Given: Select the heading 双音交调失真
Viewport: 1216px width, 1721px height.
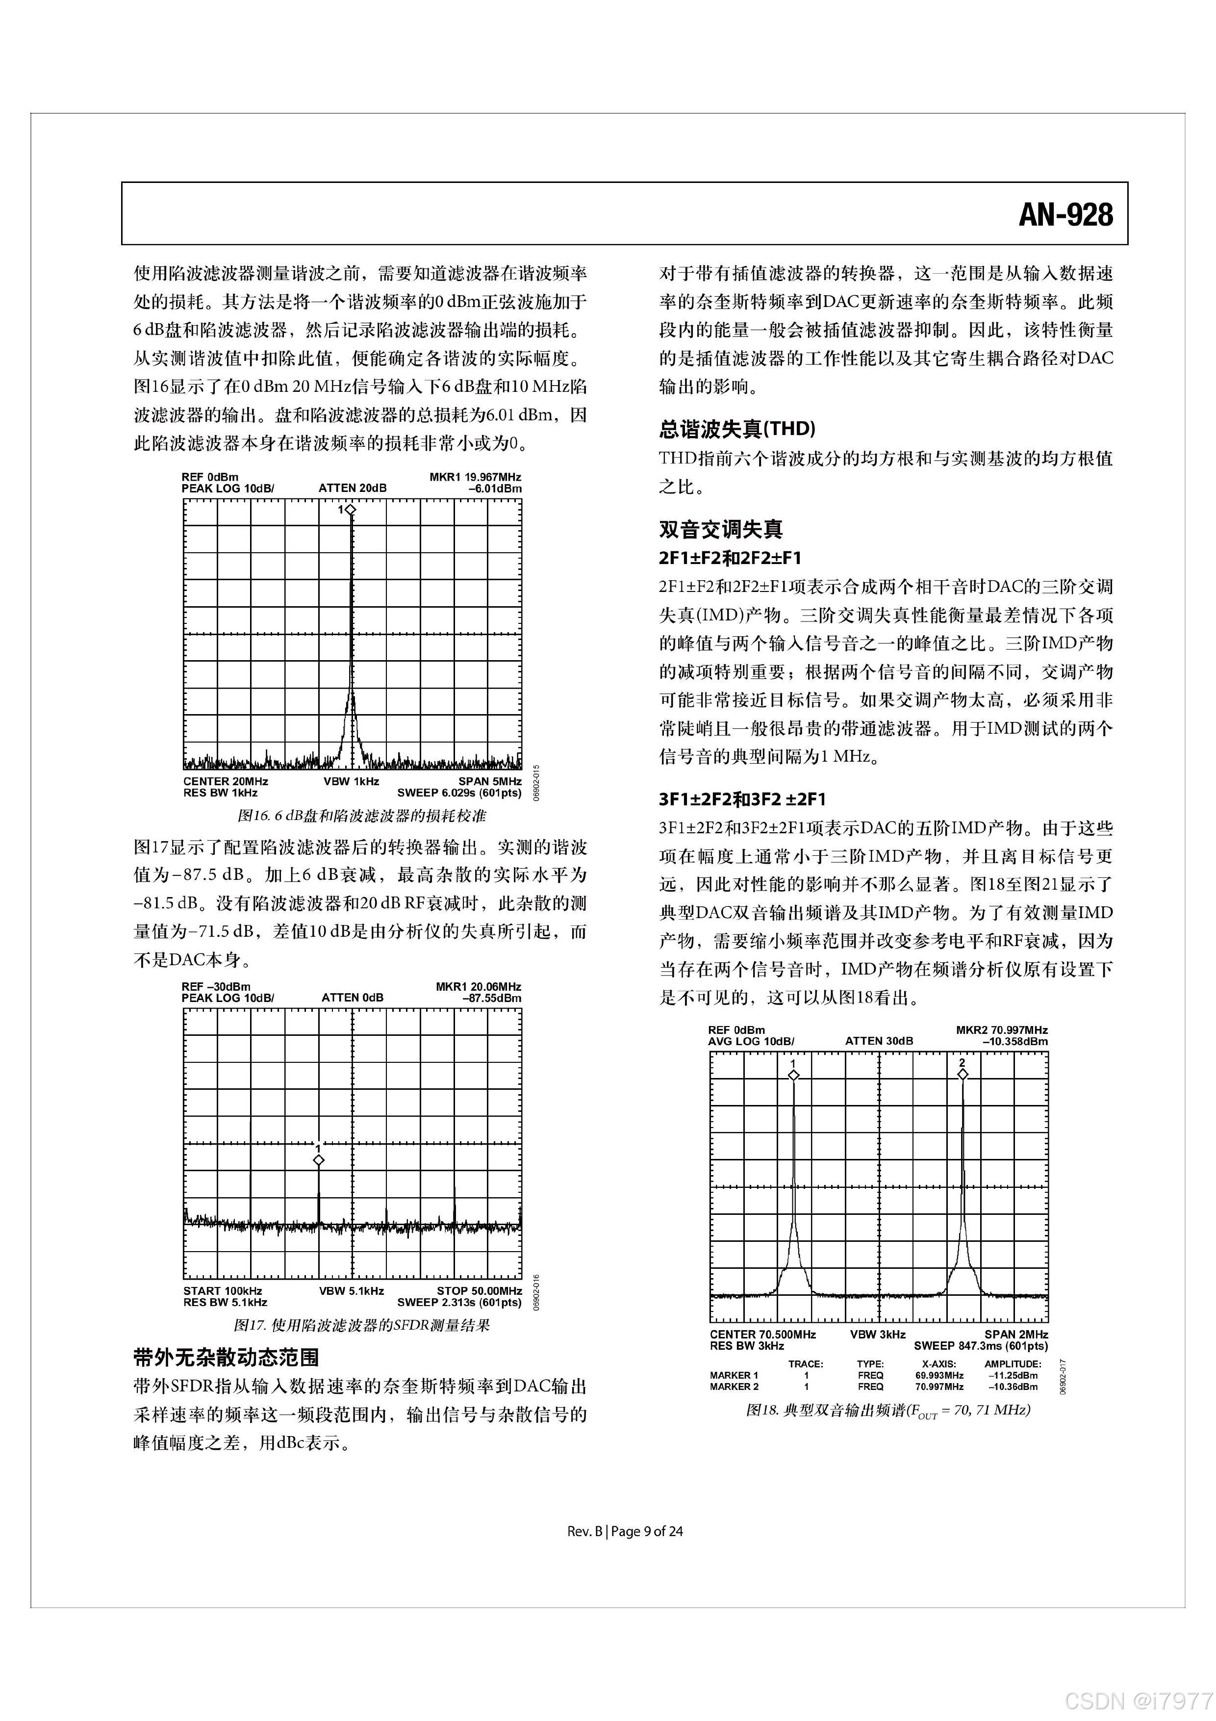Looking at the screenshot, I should click(721, 529).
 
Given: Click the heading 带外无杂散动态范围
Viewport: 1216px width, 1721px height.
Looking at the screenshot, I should click(226, 1357).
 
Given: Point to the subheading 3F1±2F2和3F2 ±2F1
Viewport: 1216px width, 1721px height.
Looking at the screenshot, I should click(742, 799).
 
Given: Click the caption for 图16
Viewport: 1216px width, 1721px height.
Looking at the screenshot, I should click(362, 815).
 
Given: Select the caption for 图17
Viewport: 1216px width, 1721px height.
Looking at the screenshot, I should click(362, 1325).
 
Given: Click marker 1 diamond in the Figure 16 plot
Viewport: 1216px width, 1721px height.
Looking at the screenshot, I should click(351, 510).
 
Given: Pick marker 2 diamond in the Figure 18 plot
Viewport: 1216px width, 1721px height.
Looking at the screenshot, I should click(963, 1074).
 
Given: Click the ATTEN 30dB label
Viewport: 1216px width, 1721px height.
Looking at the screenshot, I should click(879, 1041).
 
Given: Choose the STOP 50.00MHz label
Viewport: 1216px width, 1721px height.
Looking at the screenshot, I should click(480, 1291).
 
